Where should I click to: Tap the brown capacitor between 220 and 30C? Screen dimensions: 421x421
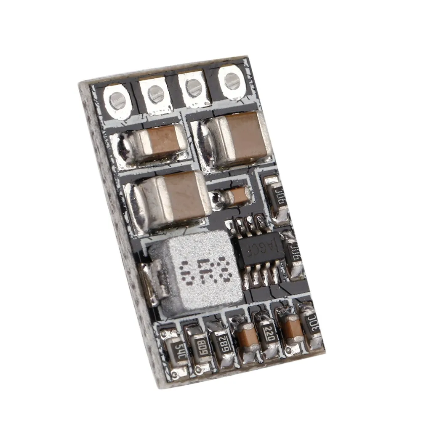[x=290, y=328]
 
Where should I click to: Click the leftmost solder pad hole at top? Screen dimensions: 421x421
[x=117, y=100]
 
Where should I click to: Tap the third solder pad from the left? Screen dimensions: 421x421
[x=193, y=87]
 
